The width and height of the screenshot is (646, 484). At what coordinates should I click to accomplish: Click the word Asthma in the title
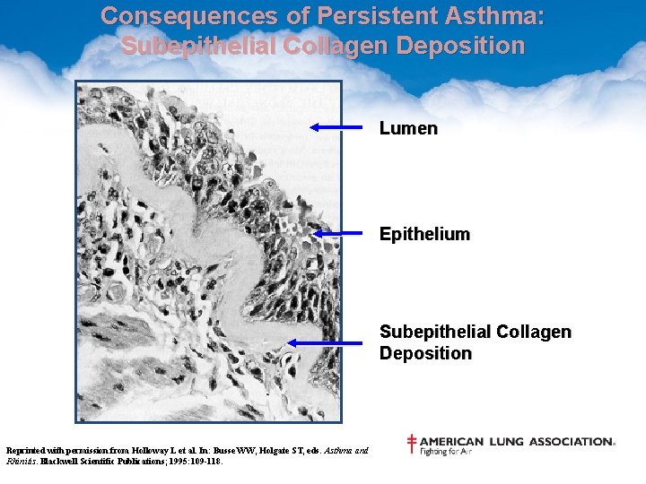(x=499, y=16)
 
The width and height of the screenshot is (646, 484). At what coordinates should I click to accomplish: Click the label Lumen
(x=408, y=128)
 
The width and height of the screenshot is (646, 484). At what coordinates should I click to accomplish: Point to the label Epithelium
(x=424, y=234)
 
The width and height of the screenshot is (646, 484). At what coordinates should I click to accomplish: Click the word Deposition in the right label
(x=425, y=353)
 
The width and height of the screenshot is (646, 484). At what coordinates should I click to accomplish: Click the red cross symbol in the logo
(x=412, y=444)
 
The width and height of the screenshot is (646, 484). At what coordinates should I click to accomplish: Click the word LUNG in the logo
(x=506, y=441)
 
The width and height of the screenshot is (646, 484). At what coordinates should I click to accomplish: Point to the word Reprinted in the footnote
(x=27, y=451)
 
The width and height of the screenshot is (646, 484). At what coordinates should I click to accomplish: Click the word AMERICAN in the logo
(x=451, y=441)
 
